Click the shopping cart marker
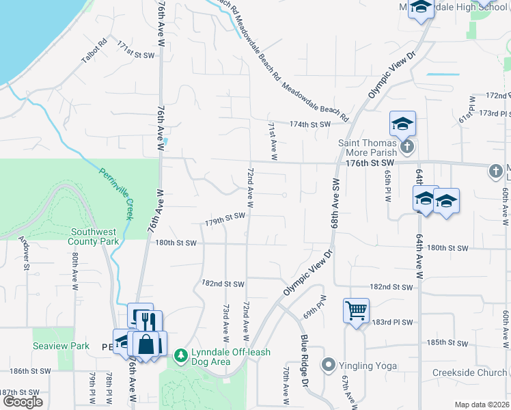pos(357,312)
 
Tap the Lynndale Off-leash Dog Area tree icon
pos(180,355)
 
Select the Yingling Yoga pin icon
pos(329,365)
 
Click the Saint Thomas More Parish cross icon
pos(406,147)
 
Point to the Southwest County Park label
pos(94,236)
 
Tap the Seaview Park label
pos(61,346)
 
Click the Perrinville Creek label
pos(114,194)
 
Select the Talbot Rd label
pos(94,52)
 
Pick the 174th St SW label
pos(309,124)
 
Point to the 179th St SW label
pos(225,219)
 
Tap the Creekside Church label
pos(469,373)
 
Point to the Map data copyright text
pos(481,405)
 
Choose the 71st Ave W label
pos(272,141)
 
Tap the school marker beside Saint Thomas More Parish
pos(402,124)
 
